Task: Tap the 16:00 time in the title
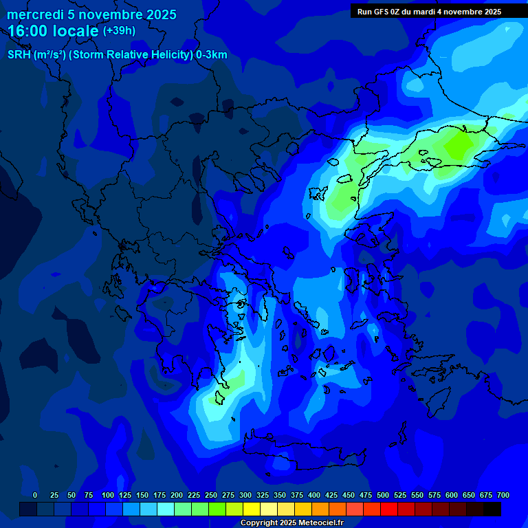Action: (29, 31)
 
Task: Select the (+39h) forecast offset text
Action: (119, 31)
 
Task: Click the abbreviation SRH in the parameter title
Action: (20, 55)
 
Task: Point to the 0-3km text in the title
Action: (211, 55)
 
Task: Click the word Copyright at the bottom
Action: (260, 523)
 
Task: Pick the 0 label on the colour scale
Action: (35, 495)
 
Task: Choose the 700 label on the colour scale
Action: (503, 495)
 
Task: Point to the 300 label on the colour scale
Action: (245, 495)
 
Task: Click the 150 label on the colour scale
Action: (142, 495)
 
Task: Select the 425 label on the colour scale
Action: (331, 495)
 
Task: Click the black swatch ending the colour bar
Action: (492, 509)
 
